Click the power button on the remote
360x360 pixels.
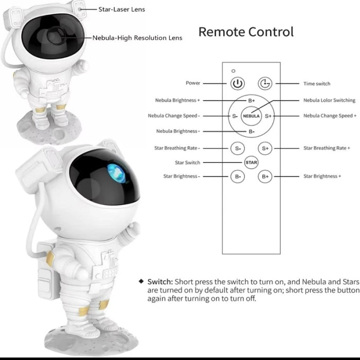tap(238, 83)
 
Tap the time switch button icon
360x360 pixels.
tap(265, 83)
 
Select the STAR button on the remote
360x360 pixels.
tap(251, 163)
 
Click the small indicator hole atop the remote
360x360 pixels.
tap(233, 71)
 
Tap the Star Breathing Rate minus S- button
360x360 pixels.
tap(238, 148)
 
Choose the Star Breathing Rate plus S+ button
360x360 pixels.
tap(265, 148)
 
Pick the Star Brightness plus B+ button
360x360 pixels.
tap(265, 176)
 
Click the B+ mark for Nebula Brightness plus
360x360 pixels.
tap(251, 101)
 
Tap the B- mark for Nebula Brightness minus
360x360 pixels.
tap(251, 132)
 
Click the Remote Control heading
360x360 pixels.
tap(246, 32)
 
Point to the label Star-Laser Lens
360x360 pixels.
tap(122, 9)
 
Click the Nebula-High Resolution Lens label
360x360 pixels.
tap(137, 38)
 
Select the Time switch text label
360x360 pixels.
tap(317, 83)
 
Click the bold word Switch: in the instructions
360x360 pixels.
tap(160, 282)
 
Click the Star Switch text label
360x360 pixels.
tap(188, 163)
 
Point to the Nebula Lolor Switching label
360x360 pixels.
tap(329, 100)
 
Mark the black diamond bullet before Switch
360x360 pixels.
tap(141, 281)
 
